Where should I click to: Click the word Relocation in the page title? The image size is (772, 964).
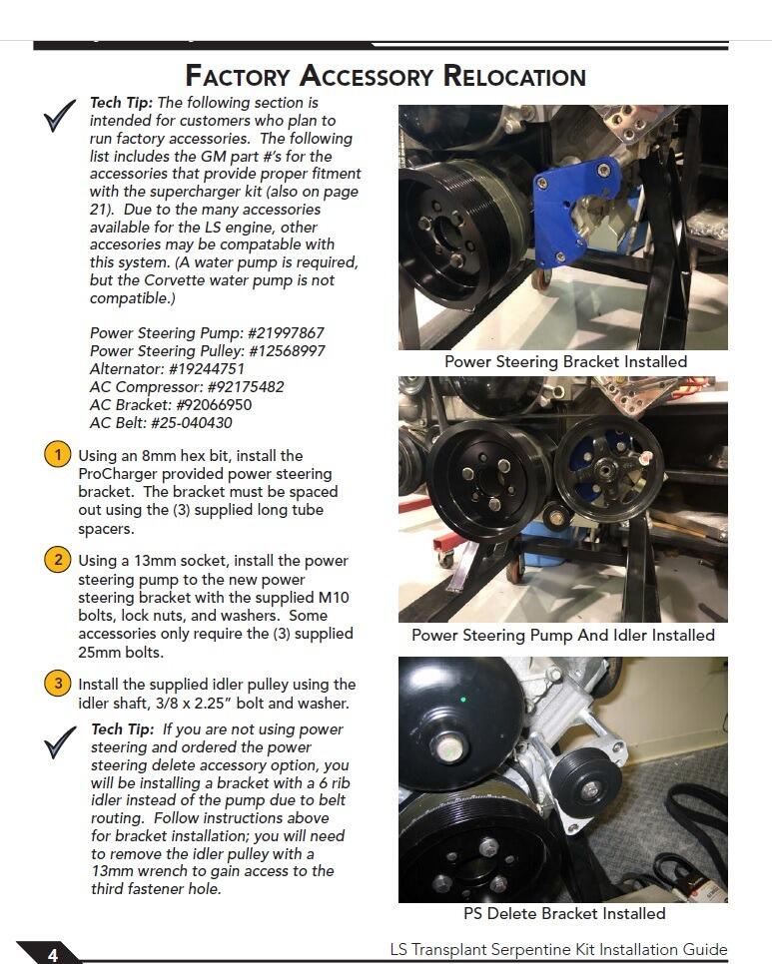click(514, 76)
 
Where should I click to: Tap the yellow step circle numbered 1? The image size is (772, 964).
click(58, 455)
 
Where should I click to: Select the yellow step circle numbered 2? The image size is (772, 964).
click(58, 560)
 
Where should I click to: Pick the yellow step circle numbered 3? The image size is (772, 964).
click(58, 684)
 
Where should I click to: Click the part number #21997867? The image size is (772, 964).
click(286, 332)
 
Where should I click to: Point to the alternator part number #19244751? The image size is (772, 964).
click(206, 369)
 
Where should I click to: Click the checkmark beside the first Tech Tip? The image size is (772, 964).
click(60, 116)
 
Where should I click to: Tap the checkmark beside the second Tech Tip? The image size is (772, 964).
click(60, 742)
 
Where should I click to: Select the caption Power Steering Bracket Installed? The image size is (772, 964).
click(565, 361)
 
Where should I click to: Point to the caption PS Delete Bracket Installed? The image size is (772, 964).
click(564, 913)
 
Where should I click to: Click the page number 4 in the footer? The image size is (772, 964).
click(53, 954)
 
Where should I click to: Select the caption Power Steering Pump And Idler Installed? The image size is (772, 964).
click(563, 635)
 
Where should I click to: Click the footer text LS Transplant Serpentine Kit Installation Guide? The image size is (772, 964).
click(558, 950)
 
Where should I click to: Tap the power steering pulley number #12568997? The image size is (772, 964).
click(286, 351)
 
